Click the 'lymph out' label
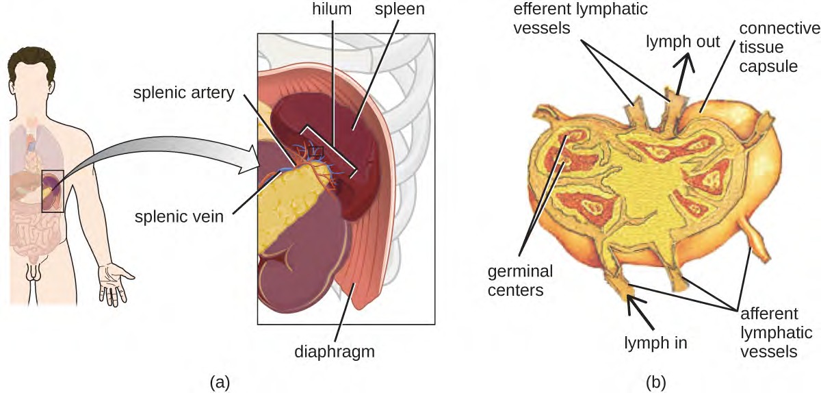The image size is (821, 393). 683,41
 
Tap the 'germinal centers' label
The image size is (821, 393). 519,281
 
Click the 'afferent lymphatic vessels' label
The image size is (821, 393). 768,332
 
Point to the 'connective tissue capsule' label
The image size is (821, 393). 783,47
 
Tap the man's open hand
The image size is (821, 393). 114,283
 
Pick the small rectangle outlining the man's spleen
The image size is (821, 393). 53,191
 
